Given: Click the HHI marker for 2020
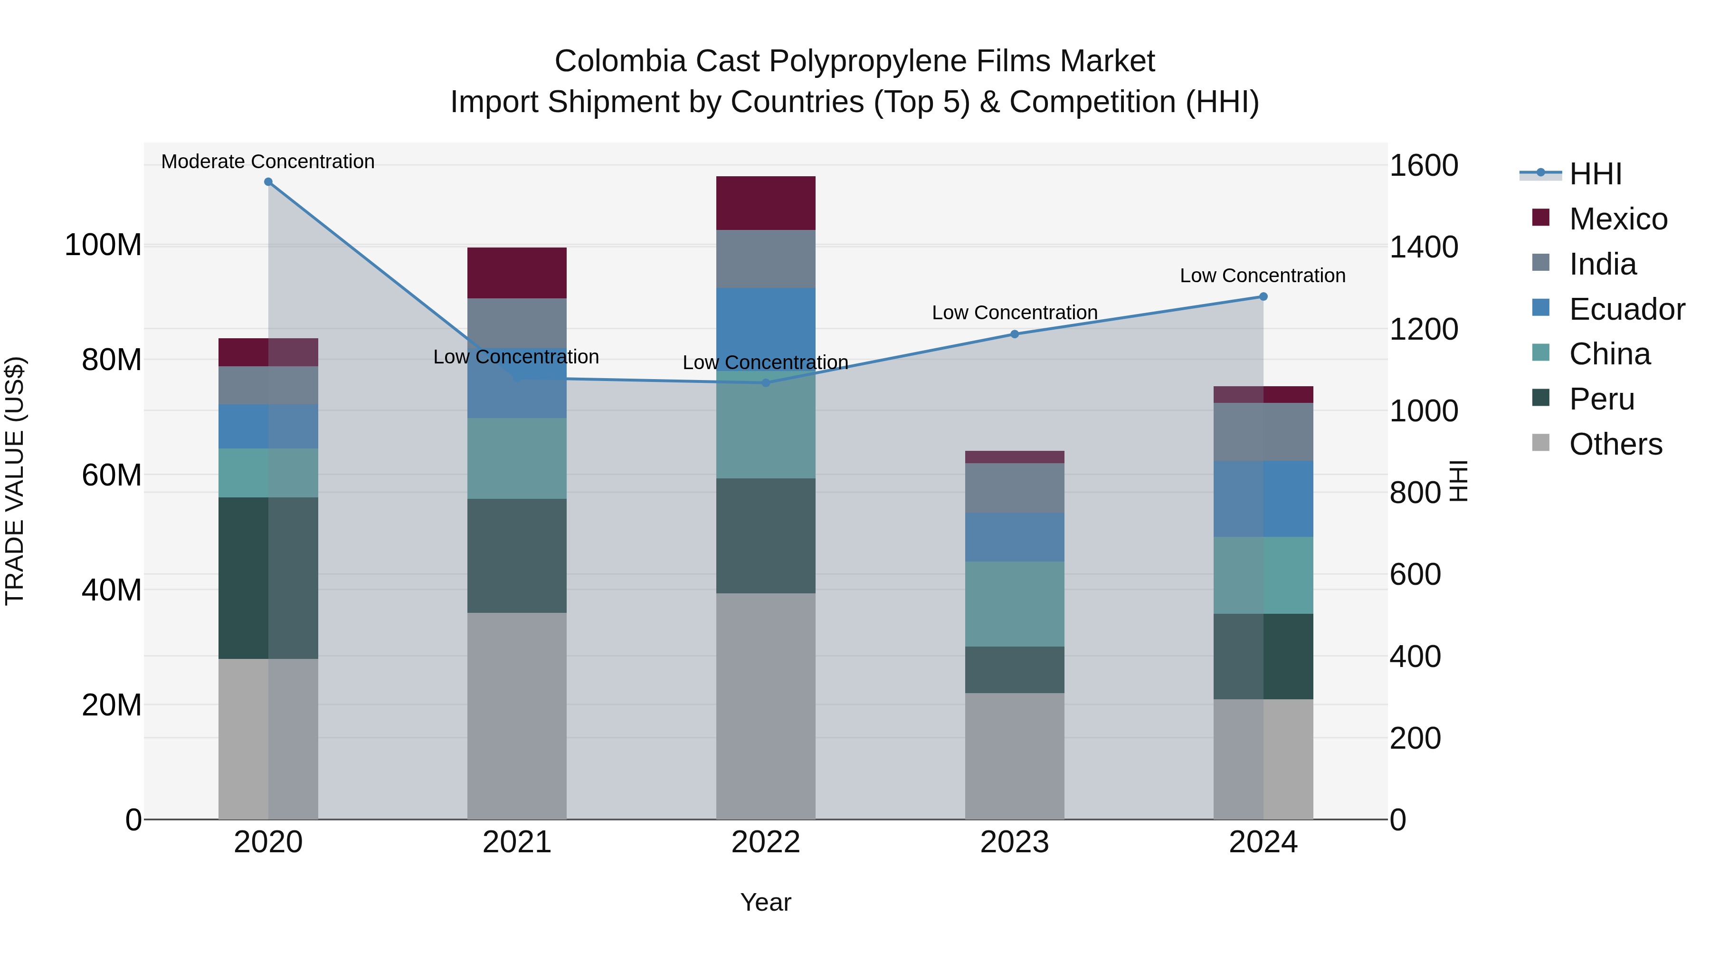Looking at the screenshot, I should pos(268,182).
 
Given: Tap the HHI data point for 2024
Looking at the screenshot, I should pos(1263,297).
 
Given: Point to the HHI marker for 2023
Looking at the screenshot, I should pos(1014,334).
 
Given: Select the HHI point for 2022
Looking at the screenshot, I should pos(765,383).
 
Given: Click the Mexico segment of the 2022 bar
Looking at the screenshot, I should pos(765,203).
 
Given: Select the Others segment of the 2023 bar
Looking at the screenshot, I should pos(1014,756).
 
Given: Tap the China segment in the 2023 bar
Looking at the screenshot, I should pos(1014,604).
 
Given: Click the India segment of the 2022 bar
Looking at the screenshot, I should pos(765,259).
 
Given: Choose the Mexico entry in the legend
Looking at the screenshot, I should pos(1618,219).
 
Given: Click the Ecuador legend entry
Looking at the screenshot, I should pos(1626,309).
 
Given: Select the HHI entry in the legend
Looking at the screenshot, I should pos(1595,174).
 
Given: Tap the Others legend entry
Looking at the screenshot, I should pos(1615,444).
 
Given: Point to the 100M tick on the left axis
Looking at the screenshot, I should pos(103,245).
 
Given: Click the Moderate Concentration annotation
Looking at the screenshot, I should pos(268,162).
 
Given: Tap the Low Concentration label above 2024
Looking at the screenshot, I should pos(1263,276).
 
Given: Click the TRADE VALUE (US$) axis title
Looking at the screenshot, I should pos(15,481).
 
